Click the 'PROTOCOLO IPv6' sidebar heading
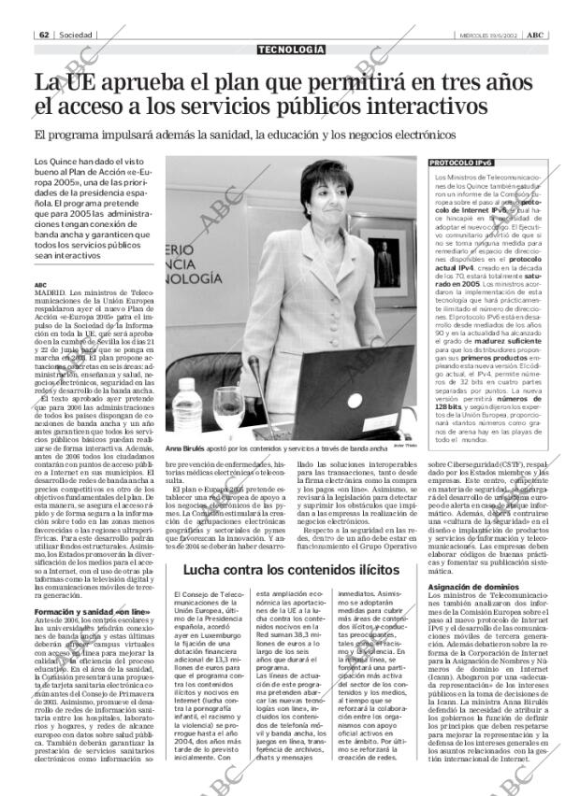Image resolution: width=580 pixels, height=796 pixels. point(461,163)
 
